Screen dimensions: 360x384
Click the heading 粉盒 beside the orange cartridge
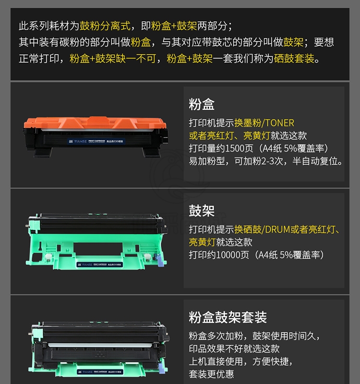pyautogui.click(x=202, y=104)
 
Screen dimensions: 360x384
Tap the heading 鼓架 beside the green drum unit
pyautogui.click(x=202, y=211)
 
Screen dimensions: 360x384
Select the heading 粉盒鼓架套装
pyautogui.click(x=228, y=317)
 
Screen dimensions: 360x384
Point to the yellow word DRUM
pyautogui.click(x=277, y=229)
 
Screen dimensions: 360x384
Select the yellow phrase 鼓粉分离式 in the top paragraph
pyautogui.click(x=105, y=26)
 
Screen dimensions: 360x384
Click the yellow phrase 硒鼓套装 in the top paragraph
pyautogui.click(x=294, y=59)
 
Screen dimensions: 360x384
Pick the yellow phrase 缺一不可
pyautogui.click(x=136, y=59)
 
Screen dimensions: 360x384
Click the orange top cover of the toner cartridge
pyautogui.click(x=95, y=122)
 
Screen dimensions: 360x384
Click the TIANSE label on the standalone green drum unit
pyautogui.click(x=100, y=264)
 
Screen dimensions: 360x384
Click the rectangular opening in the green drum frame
pyautogui.click(x=98, y=249)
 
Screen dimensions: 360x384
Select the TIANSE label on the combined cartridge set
pyautogui.click(x=100, y=372)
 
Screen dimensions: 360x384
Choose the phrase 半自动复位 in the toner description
pyautogui.click(x=315, y=161)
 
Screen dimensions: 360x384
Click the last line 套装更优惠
pyautogui.click(x=211, y=374)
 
